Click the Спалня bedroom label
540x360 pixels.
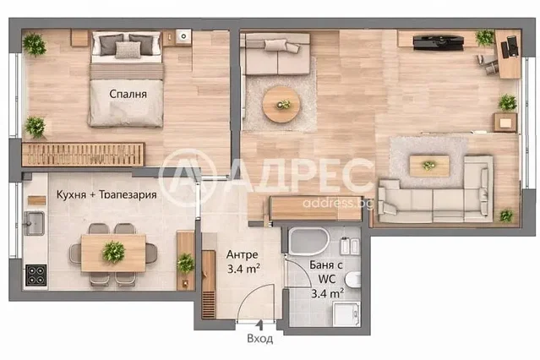coord(128,94)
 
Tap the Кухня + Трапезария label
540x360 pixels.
coord(106,194)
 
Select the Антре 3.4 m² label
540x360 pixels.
coord(243,261)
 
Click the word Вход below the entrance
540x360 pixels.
coord(260,339)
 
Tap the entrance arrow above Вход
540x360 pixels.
coord(260,325)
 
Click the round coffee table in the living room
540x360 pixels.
coord(281,104)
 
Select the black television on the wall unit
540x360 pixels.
coord(438,42)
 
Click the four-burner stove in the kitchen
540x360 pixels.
coord(35,275)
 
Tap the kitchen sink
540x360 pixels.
coord(34,223)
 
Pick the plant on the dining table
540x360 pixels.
coord(113,252)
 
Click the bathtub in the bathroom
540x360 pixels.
coord(308,241)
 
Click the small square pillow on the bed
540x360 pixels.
coord(128,50)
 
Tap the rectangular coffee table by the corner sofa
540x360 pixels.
coord(429,166)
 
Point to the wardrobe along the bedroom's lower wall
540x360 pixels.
coord(83,154)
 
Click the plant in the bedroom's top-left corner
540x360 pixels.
coord(34,44)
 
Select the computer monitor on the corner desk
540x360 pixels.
coord(513,46)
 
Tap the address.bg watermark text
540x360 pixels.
coord(338,203)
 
